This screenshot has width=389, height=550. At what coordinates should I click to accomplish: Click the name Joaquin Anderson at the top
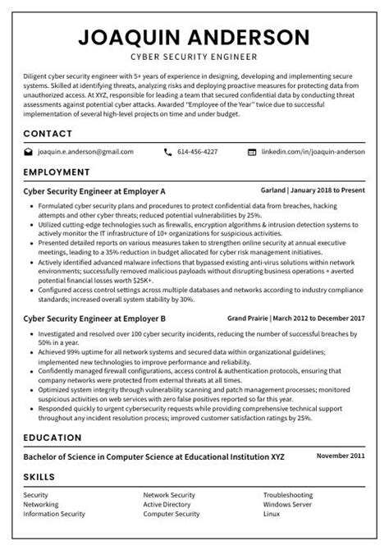(194, 38)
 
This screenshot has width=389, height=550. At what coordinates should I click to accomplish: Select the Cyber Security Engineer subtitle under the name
(194, 57)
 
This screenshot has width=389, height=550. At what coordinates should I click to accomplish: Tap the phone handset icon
(168, 152)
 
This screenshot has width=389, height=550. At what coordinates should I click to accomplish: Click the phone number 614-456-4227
(198, 152)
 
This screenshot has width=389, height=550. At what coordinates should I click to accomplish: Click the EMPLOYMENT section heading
(57, 172)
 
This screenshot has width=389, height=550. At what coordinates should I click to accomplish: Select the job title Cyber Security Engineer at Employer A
(95, 190)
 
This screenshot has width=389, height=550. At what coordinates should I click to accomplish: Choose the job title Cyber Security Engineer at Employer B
(95, 317)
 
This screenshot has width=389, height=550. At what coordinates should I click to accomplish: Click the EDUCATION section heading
(53, 438)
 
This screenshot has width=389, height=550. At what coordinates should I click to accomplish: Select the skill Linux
(272, 514)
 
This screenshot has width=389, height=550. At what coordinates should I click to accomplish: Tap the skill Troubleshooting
(287, 495)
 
